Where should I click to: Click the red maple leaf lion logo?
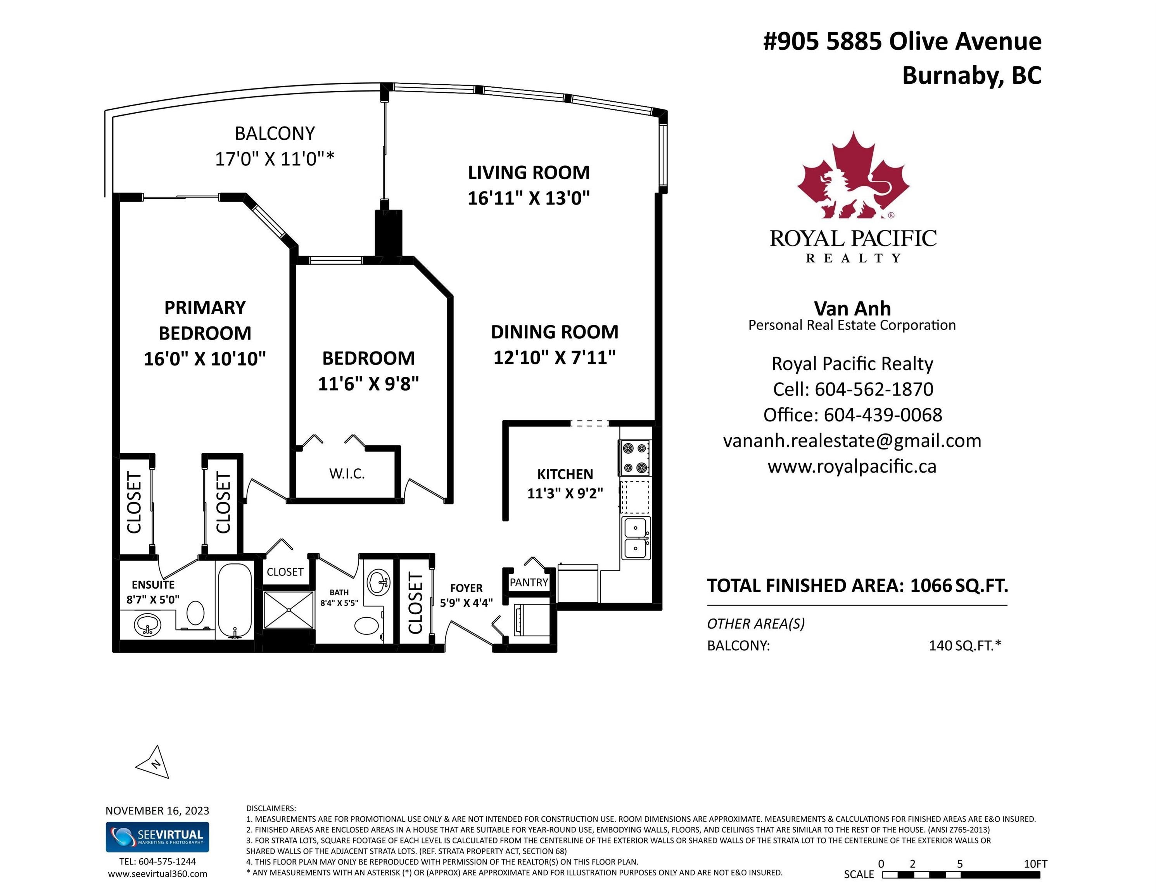(853, 175)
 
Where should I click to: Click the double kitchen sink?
(635, 538)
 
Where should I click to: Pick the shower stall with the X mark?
(289, 610)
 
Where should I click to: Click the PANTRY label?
(529, 582)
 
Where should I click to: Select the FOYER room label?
(467, 588)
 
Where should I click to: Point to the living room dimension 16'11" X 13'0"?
(529, 198)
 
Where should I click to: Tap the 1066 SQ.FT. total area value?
(959, 585)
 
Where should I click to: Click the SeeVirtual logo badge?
(157, 837)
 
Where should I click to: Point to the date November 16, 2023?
(157, 810)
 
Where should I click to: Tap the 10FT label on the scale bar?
(1035, 864)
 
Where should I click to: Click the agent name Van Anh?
(852, 308)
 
